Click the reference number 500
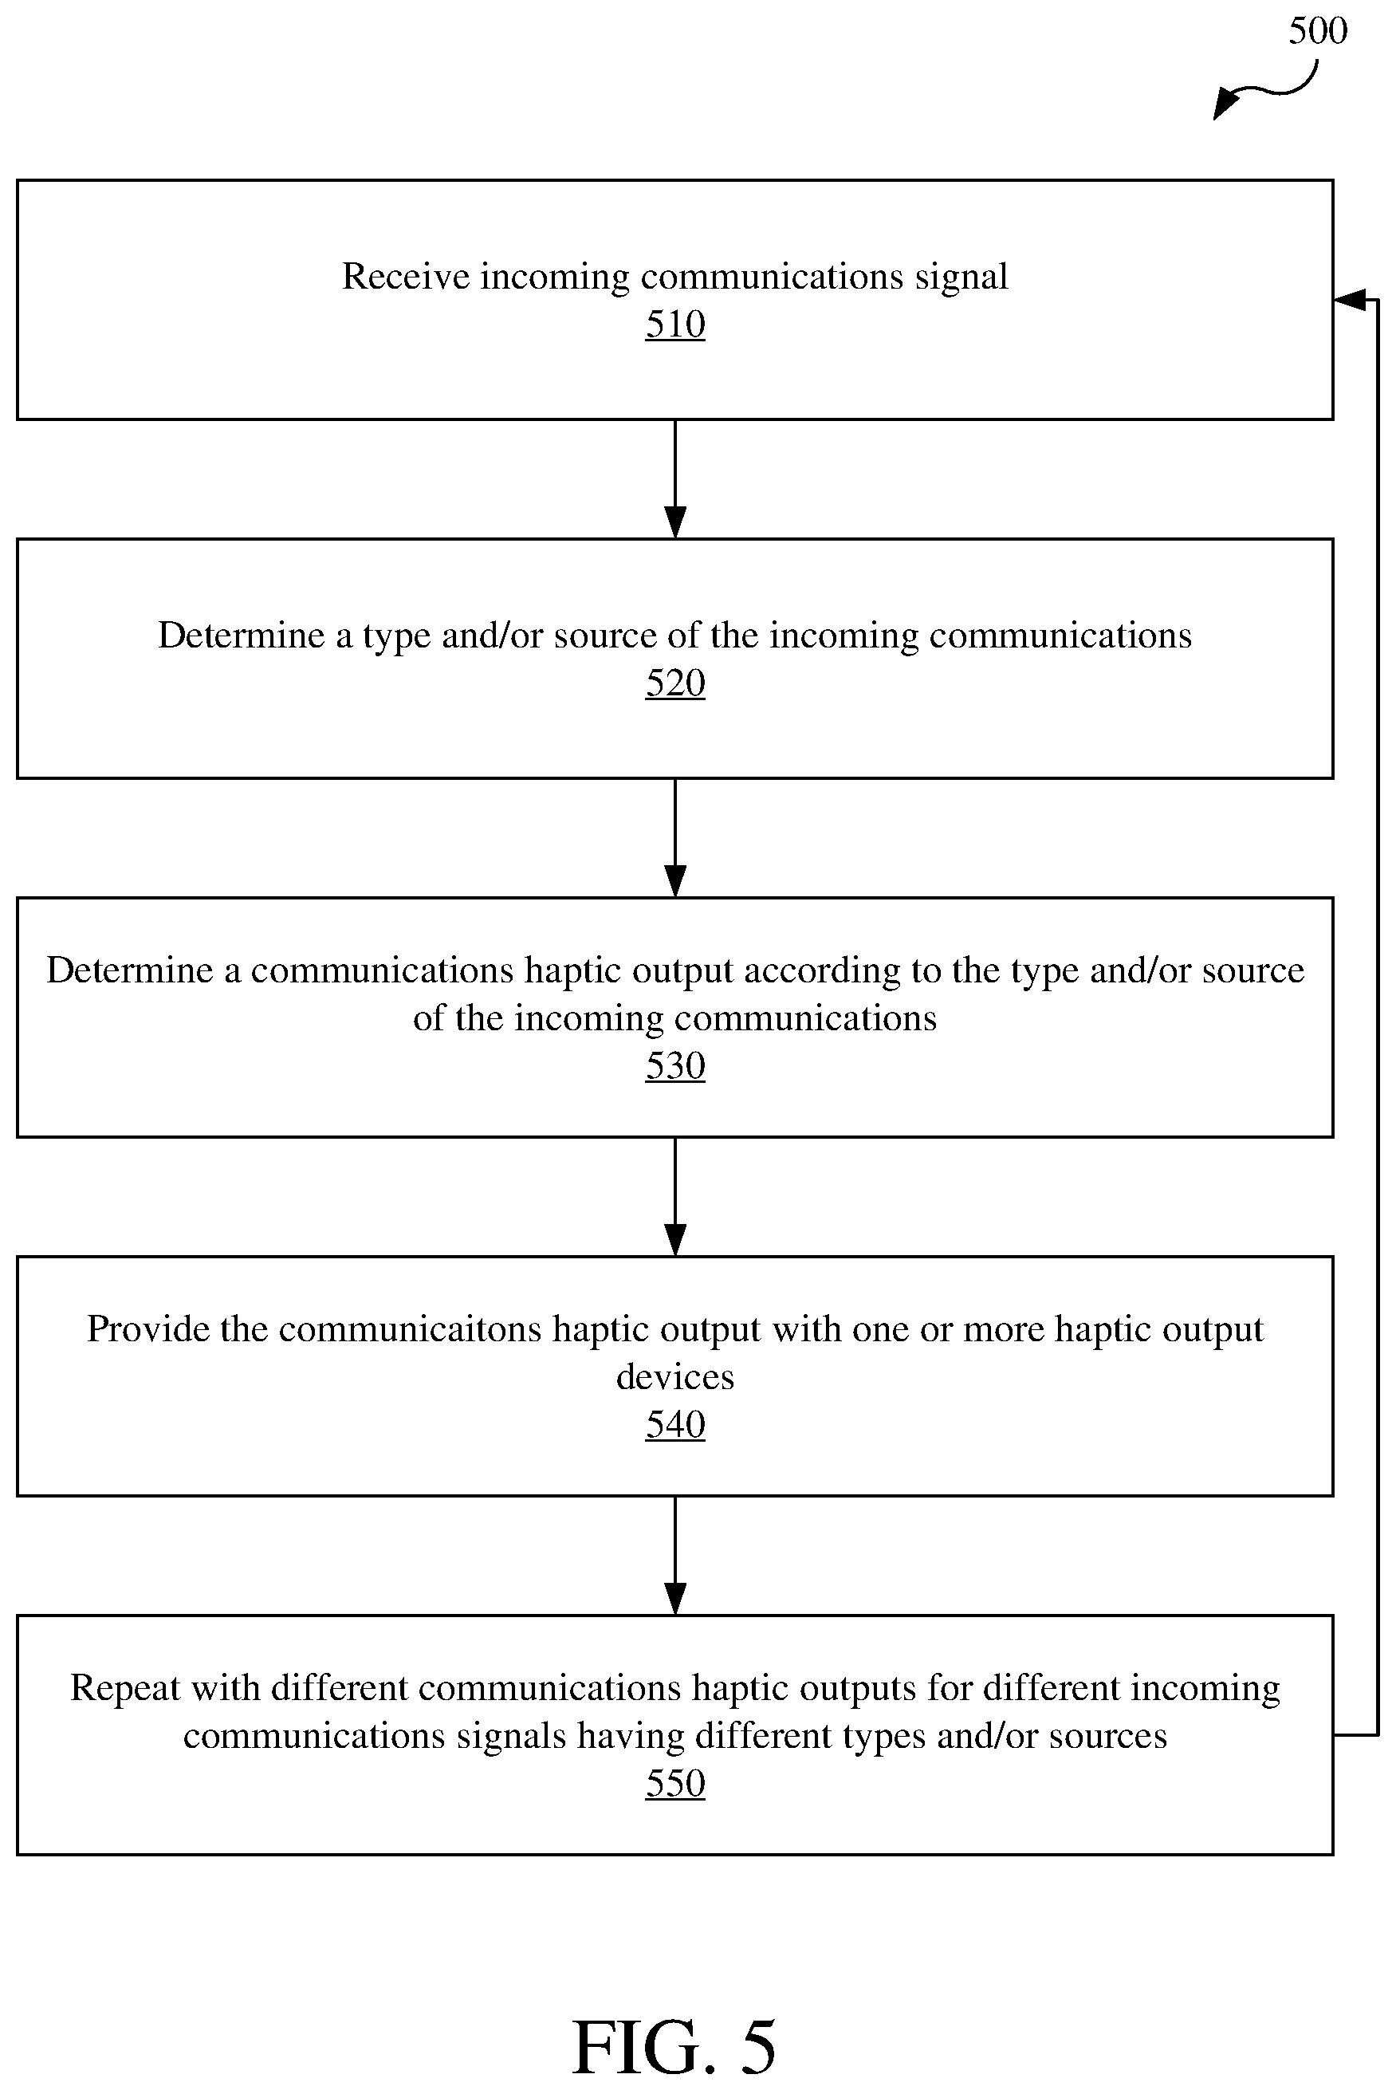[x=1318, y=31]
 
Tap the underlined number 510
[x=674, y=324]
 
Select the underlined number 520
[x=674, y=683]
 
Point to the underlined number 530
[x=674, y=1066]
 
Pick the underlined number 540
[x=674, y=1425]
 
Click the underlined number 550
[x=674, y=1784]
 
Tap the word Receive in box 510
[x=406, y=276]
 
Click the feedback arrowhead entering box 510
[x=1349, y=300]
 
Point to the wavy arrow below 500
[x=1264, y=89]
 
